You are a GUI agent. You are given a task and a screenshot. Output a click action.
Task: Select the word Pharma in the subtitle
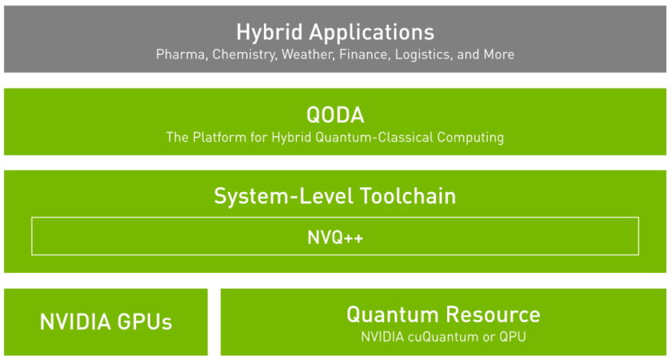pyautogui.click(x=180, y=55)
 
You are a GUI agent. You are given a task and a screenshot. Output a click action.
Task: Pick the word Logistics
pyautogui.click(x=423, y=55)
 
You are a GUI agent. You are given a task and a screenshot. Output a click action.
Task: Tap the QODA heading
pyautogui.click(x=335, y=114)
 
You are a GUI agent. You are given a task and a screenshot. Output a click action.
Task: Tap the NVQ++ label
pyautogui.click(x=335, y=237)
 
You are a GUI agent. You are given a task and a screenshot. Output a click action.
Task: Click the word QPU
pyautogui.click(x=512, y=337)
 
